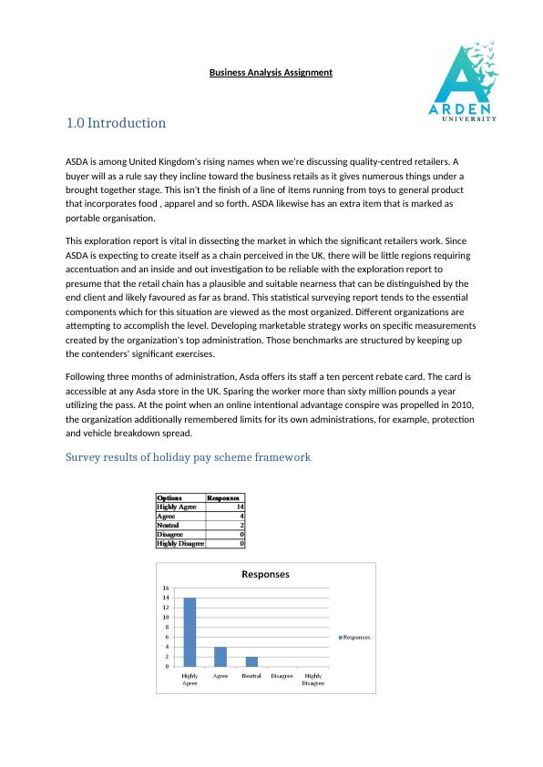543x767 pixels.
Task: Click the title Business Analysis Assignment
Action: click(271, 72)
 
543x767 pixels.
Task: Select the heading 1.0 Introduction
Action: click(116, 123)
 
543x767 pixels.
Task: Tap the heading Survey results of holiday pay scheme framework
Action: click(189, 455)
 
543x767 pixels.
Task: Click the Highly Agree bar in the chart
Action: click(190, 632)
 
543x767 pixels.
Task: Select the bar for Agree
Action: click(220, 656)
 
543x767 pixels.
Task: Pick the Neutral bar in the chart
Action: click(251, 661)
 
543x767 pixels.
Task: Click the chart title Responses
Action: click(265, 575)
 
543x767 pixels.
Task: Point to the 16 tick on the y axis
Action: click(165, 588)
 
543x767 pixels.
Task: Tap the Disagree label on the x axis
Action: click(282, 676)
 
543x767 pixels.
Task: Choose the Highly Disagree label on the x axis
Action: click(312, 680)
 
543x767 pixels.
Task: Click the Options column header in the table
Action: click(169, 498)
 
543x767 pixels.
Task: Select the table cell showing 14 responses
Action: click(239, 506)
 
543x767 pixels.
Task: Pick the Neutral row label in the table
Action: click(168, 526)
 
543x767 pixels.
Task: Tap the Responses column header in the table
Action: click(223, 498)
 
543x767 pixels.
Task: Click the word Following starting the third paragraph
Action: click(88, 374)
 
